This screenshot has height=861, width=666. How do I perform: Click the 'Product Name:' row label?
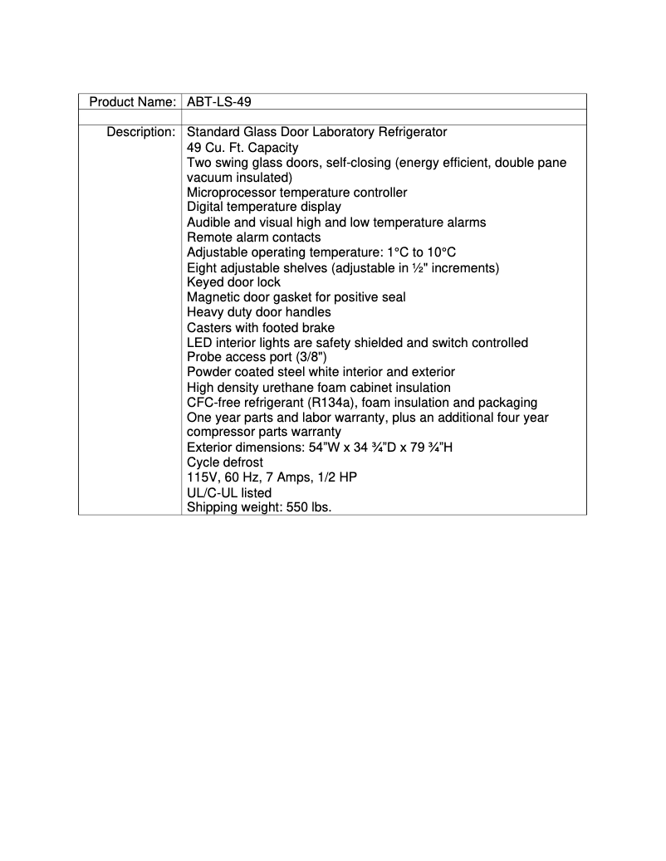point(132,101)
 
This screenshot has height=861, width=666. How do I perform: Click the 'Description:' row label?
point(140,132)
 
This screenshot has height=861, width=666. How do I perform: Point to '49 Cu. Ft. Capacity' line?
point(242,148)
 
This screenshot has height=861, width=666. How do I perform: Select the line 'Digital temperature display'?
point(263,208)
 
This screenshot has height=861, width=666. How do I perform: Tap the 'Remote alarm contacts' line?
point(253,237)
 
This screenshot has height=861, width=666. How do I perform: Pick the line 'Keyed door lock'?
point(233,282)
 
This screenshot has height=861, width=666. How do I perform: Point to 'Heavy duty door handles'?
point(258,312)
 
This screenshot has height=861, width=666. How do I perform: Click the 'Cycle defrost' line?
point(225,462)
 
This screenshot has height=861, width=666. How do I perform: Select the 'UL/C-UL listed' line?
point(229,492)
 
